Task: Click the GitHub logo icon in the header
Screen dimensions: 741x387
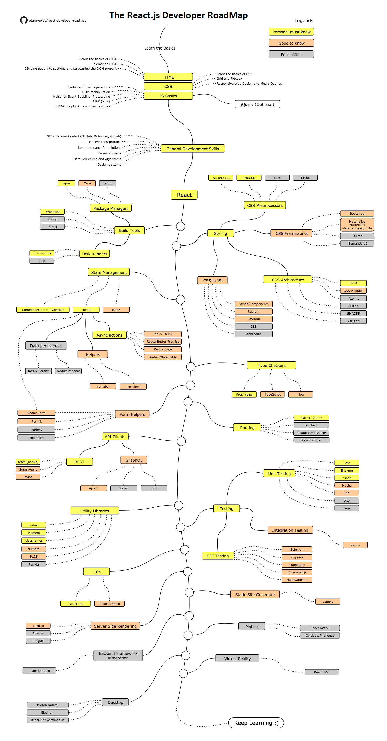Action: [24, 20]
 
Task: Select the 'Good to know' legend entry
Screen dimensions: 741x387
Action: [291, 43]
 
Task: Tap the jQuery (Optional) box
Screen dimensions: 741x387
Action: [257, 104]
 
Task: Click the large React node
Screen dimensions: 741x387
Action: [184, 195]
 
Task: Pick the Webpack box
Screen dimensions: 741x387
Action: [52, 211]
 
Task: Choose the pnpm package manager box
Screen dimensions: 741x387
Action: [108, 183]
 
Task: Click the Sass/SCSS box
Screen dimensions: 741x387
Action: [221, 177]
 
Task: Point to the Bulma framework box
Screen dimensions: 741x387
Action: [357, 236]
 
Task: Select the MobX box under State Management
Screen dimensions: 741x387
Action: [116, 310]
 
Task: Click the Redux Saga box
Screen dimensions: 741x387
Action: [163, 349]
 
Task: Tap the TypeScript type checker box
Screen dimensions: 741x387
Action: [272, 394]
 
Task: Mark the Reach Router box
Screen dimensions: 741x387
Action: [311, 440]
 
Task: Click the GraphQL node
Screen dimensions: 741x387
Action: [134, 460]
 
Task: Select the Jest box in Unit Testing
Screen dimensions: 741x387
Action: [347, 463]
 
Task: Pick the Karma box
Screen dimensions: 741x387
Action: [355, 545]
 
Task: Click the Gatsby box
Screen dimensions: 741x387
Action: [328, 602]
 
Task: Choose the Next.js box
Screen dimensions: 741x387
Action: [38, 626]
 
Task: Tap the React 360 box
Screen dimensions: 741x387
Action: [321, 672]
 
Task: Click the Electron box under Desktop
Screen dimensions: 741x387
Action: [47, 712]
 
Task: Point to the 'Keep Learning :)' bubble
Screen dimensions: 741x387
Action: [256, 723]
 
